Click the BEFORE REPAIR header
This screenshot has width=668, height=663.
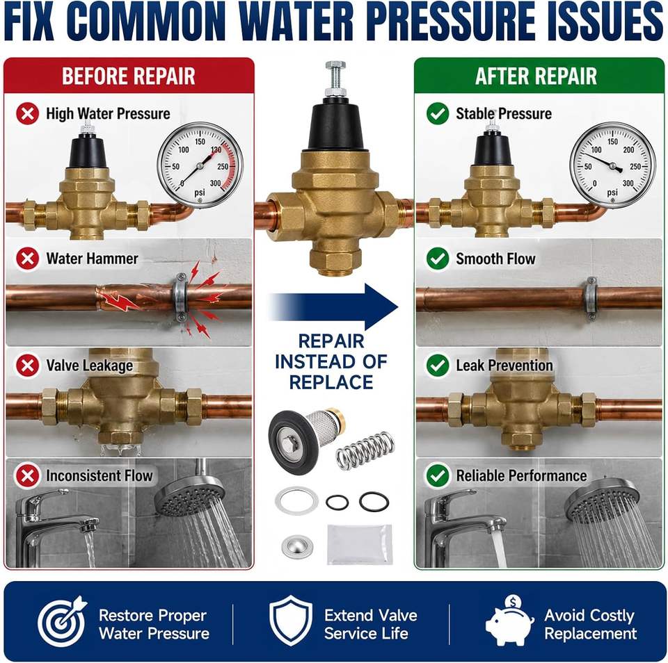pyautogui.click(x=129, y=76)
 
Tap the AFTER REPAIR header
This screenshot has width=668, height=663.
pyautogui.click(x=536, y=76)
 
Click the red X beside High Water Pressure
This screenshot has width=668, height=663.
pyautogui.click(x=28, y=113)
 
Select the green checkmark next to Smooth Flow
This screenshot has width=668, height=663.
pyautogui.click(x=438, y=259)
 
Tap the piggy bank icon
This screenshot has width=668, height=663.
pyautogui.click(x=509, y=621)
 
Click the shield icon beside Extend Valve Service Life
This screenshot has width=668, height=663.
pyautogui.click(x=291, y=621)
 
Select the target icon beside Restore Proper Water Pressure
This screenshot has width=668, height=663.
pyautogui.click(x=61, y=621)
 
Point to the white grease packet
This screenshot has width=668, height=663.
pyautogui.click(x=360, y=544)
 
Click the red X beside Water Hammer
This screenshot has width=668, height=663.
pyautogui.click(x=28, y=259)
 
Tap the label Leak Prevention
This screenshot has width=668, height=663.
pyautogui.click(x=504, y=366)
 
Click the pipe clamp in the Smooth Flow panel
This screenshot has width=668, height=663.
pyautogui.click(x=591, y=298)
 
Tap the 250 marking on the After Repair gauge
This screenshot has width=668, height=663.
pyautogui.click(x=635, y=166)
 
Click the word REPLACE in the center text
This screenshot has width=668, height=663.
pyautogui.click(x=331, y=382)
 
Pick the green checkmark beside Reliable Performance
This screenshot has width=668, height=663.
pyautogui.click(x=438, y=475)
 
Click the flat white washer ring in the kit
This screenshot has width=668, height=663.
pyautogui.click(x=297, y=500)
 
